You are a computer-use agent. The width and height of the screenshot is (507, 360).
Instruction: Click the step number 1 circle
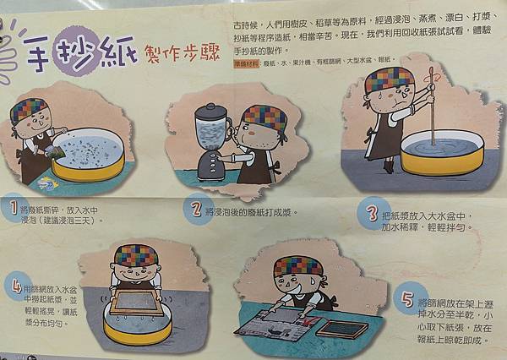pyautogui.click(x=11, y=206)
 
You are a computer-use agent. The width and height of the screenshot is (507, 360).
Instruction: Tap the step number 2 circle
pyautogui.click(x=196, y=209)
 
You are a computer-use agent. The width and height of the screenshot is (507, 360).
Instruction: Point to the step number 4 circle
pyautogui.click(x=16, y=285)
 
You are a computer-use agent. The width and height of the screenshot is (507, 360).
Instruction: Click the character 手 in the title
pyautogui.click(x=38, y=57)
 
